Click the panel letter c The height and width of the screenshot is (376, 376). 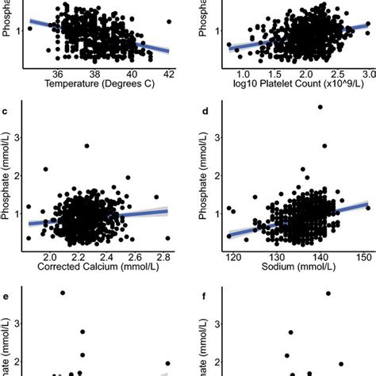(x=6, y=111)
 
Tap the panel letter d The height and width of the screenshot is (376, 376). (x=205, y=111)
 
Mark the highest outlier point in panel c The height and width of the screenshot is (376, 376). (x=87, y=145)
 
